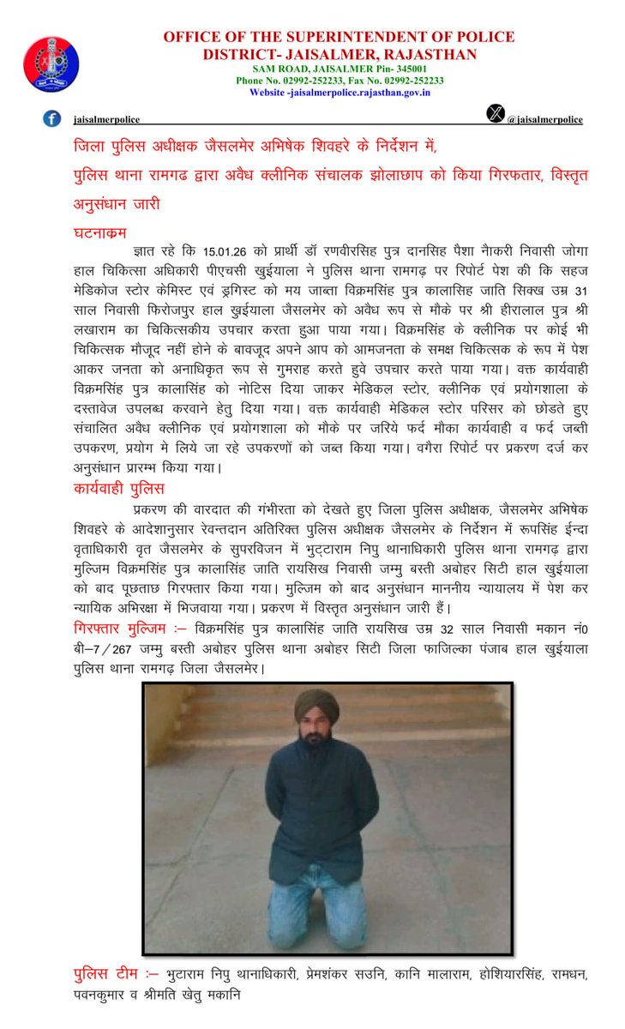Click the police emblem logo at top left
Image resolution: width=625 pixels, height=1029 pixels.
click(x=51, y=64)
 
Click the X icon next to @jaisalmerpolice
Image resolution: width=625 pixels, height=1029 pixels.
click(x=496, y=114)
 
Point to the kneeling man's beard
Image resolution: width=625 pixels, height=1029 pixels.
click(x=316, y=737)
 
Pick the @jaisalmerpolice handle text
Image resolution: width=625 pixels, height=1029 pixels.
click(x=545, y=120)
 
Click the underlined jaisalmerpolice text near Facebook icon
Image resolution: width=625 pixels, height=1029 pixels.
click(x=100, y=120)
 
